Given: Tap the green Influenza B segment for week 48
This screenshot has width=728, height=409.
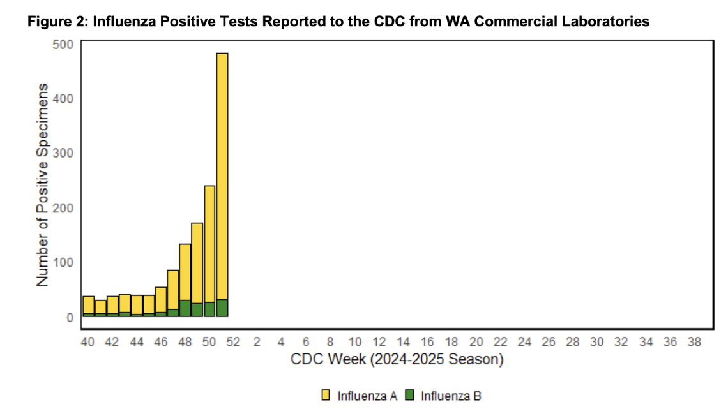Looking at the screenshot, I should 185,308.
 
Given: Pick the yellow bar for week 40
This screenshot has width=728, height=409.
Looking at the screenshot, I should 89,304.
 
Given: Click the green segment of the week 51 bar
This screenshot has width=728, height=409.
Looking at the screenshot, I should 222,308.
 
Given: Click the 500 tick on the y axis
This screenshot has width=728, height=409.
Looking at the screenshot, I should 67,44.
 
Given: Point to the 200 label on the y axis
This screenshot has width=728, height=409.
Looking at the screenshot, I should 67,207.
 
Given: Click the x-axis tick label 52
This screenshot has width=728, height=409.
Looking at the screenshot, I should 233,342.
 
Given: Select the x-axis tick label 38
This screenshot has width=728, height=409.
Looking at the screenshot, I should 694,342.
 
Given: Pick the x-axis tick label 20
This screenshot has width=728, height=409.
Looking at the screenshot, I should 476,342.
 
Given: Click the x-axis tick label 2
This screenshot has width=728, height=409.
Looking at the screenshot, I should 257,342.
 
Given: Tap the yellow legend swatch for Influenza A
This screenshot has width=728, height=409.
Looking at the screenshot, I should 326,396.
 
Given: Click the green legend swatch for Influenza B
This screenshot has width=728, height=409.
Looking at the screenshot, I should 409,396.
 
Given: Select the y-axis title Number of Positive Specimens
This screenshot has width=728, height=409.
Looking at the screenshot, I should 43,184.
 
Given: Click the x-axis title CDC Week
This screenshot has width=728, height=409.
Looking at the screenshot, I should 397,360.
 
